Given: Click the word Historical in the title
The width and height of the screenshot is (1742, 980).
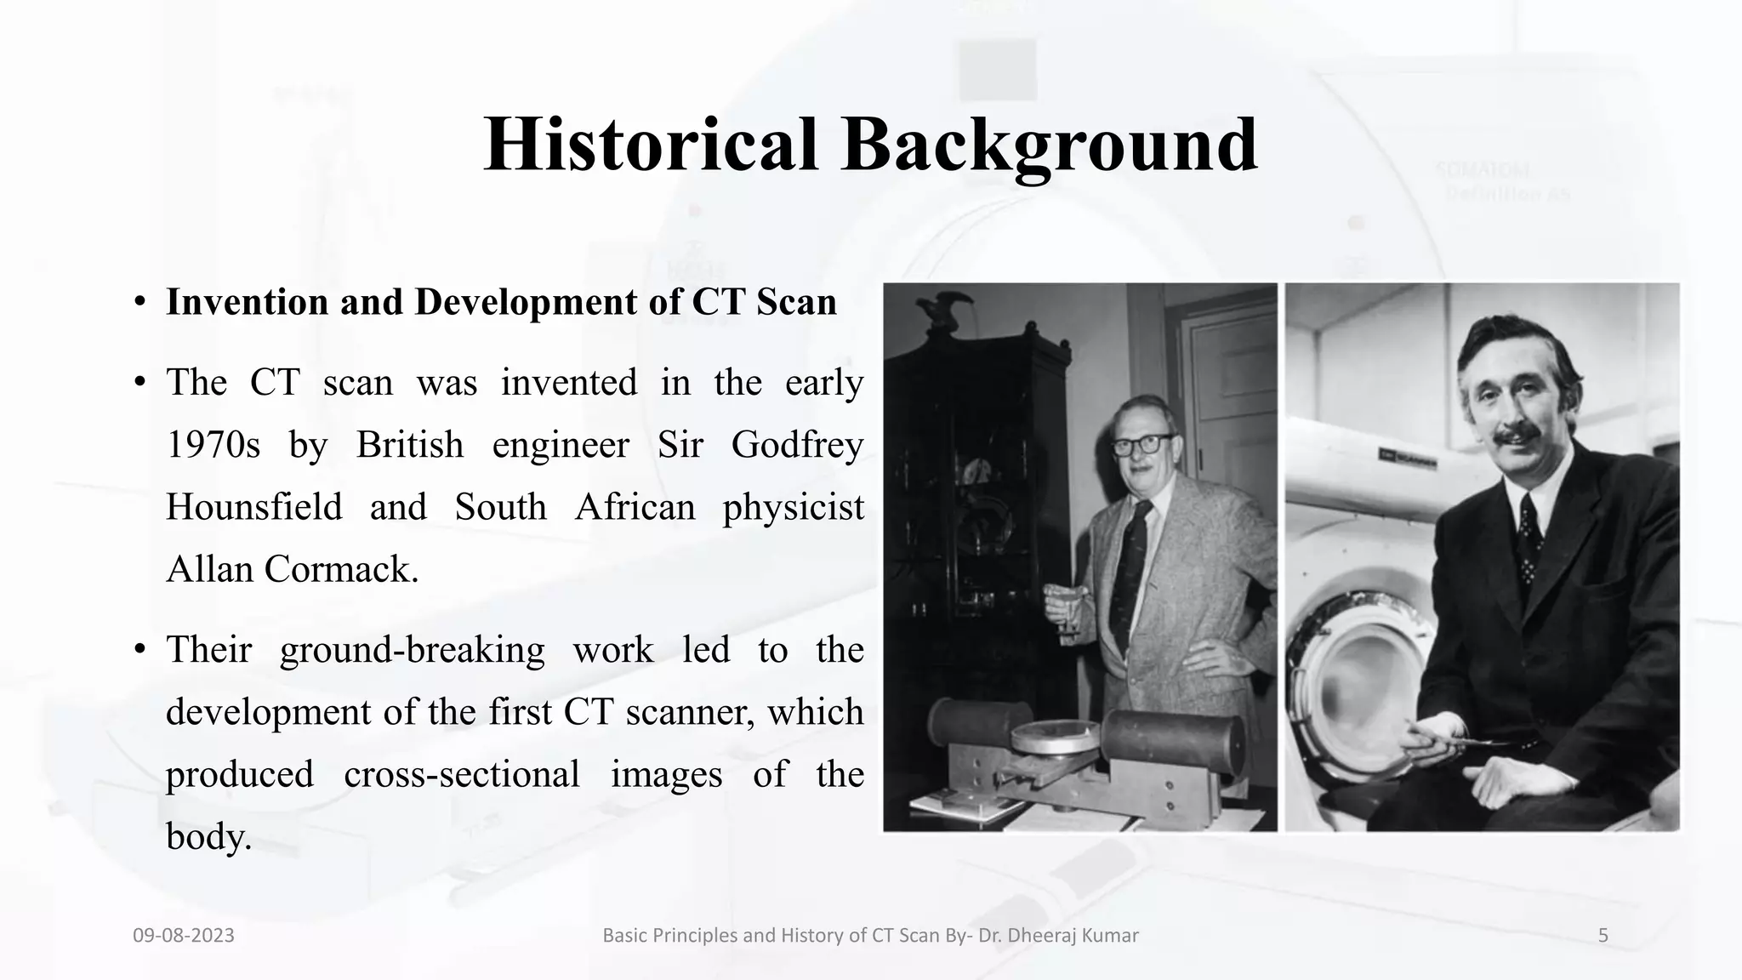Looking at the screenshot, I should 651,145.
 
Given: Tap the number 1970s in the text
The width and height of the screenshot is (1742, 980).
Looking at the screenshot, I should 213,445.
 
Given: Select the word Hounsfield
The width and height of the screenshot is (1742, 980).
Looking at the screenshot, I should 253,507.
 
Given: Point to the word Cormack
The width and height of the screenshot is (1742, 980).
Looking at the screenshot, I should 341,569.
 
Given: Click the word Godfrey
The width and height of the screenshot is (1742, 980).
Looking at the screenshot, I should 797,445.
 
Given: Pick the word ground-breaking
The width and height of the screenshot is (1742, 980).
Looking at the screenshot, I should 412,650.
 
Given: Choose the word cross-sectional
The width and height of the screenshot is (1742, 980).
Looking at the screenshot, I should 461,774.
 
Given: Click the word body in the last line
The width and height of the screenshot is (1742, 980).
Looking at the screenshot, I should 207,836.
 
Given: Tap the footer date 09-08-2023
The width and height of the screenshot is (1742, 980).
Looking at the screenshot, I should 184,936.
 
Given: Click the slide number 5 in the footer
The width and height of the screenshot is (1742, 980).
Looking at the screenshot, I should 1603,936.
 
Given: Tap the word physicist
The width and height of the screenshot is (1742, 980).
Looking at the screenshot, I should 793,507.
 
